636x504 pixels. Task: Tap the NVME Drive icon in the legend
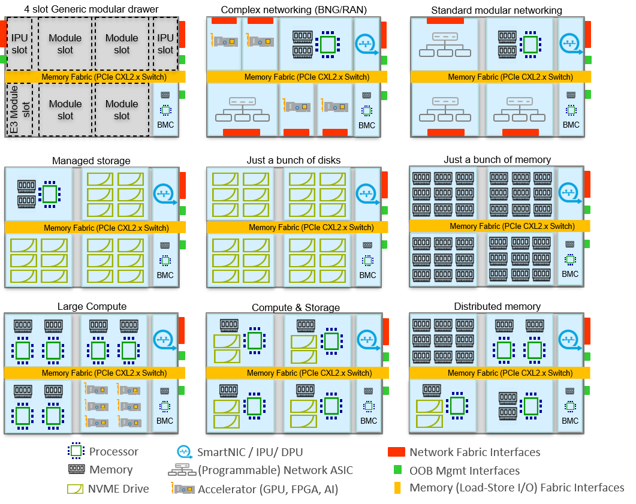tap(76, 489)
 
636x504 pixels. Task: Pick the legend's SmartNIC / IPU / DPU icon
tap(184, 452)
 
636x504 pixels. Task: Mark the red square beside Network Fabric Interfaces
tap(396, 452)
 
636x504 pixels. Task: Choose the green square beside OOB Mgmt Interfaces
tap(397, 470)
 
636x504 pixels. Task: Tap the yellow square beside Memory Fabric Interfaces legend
tap(397, 488)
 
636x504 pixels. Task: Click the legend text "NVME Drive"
tap(119, 489)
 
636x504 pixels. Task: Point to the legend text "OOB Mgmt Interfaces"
tap(464, 470)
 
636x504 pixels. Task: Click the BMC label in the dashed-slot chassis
tap(165, 125)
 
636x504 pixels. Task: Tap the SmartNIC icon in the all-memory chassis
tap(570, 193)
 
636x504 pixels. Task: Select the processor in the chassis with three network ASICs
tap(530, 44)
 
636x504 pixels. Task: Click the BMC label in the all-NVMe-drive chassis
tap(368, 275)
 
